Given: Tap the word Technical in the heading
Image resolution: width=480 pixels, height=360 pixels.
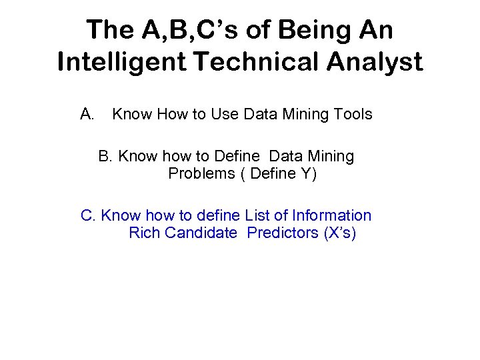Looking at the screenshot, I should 247,62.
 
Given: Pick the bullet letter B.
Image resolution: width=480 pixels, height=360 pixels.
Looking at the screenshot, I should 105,157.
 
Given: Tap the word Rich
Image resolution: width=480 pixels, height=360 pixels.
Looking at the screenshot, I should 144,233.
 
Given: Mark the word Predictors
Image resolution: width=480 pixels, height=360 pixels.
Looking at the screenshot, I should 282,233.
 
